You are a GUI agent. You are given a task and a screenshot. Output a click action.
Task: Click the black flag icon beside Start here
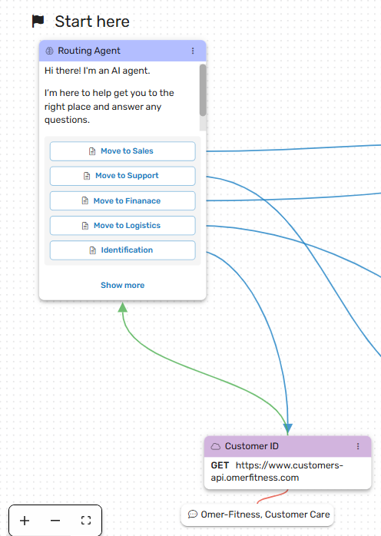[x=38, y=21]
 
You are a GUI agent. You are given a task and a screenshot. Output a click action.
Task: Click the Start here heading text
[x=92, y=22]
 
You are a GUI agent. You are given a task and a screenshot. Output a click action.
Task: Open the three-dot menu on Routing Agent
[x=193, y=51]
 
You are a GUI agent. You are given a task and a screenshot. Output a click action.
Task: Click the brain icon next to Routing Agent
[x=50, y=51]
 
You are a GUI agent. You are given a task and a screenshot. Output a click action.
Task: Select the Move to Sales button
[x=122, y=151]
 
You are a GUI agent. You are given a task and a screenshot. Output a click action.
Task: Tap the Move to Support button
[x=122, y=176]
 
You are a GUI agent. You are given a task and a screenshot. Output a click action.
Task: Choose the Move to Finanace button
[x=122, y=200]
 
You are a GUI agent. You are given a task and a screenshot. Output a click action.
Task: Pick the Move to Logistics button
[x=122, y=225]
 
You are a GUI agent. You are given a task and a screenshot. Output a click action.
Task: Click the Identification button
[x=122, y=250]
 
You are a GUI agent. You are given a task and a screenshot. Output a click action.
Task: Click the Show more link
[x=122, y=285]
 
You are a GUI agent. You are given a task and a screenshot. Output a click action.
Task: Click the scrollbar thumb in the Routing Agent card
[x=203, y=90]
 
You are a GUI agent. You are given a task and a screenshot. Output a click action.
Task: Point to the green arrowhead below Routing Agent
[x=122, y=307]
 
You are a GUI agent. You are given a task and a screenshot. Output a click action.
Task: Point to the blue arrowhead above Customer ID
[x=288, y=428]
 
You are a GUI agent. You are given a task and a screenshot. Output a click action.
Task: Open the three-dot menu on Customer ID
[x=358, y=446]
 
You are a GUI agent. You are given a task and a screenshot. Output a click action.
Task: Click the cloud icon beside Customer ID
[x=216, y=446]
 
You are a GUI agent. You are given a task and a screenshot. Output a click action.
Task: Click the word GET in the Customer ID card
[x=220, y=465]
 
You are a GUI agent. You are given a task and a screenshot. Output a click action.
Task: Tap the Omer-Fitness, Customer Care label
[x=257, y=514]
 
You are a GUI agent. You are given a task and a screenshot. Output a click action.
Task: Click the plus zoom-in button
[x=25, y=521]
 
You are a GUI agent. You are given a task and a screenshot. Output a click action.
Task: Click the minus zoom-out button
[x=55, y=521]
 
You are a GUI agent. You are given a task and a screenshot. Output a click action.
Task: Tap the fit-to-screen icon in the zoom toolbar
[x=86, y=521]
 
